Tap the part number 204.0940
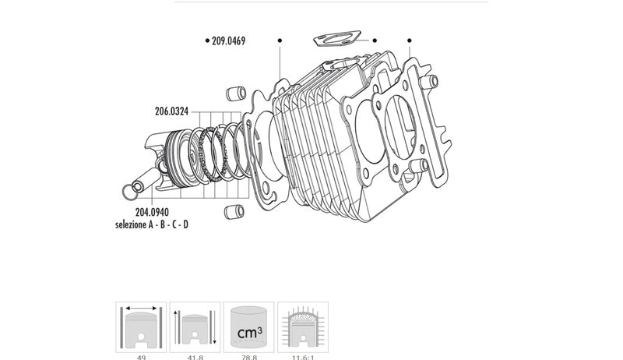pos(152,212)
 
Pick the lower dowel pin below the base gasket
pos(231,211)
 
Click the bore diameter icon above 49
pos(141,327)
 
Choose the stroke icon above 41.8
pos(195,327)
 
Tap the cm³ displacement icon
pos(248,327)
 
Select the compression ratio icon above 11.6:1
pos(303,327)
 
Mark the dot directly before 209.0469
pos(206,41)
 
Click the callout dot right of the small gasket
pos(375,41)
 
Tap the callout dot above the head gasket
pos(409,41)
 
